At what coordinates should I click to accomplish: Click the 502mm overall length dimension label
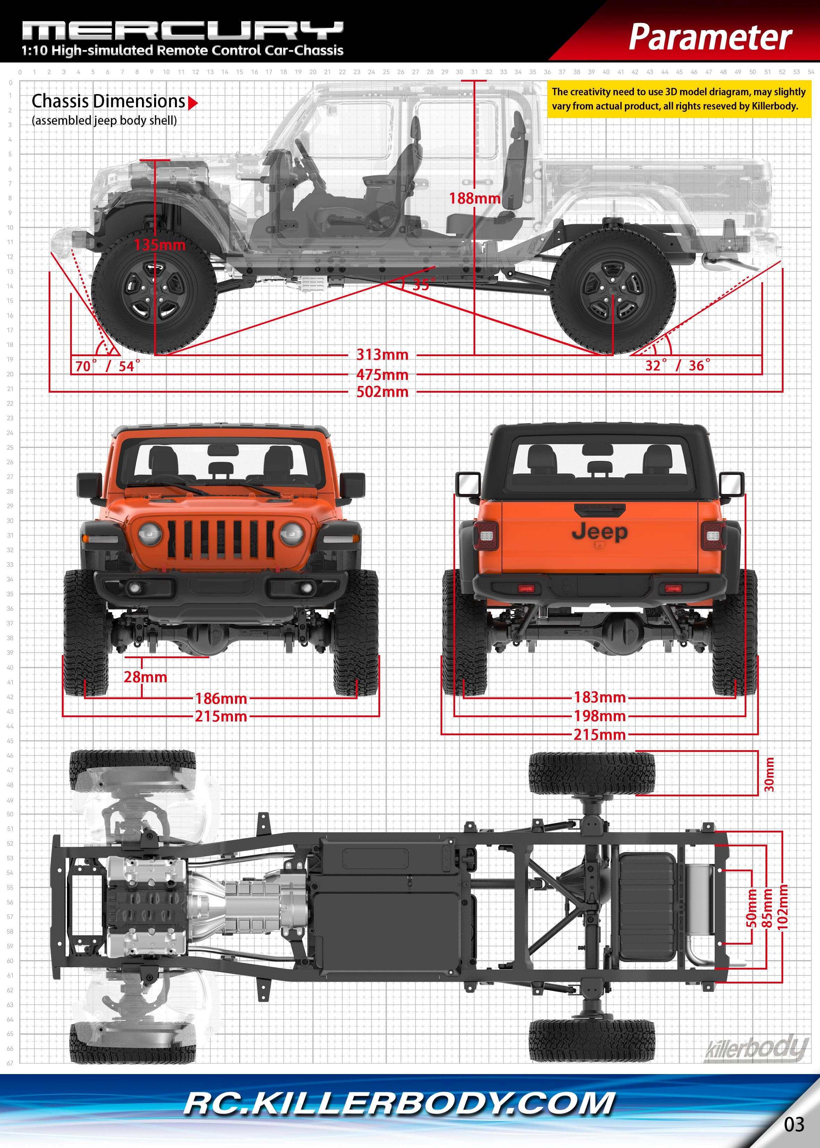(382, 392)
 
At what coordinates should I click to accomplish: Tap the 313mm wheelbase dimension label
(382, 354)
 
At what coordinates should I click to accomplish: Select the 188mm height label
(475, 199)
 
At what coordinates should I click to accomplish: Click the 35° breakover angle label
(423, 284)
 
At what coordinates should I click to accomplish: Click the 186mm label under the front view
(221, 699)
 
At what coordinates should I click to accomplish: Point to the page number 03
(794, 1124)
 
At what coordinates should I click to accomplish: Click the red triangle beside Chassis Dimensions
(192, 103)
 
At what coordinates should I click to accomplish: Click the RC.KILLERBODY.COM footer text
(399, 1104)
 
